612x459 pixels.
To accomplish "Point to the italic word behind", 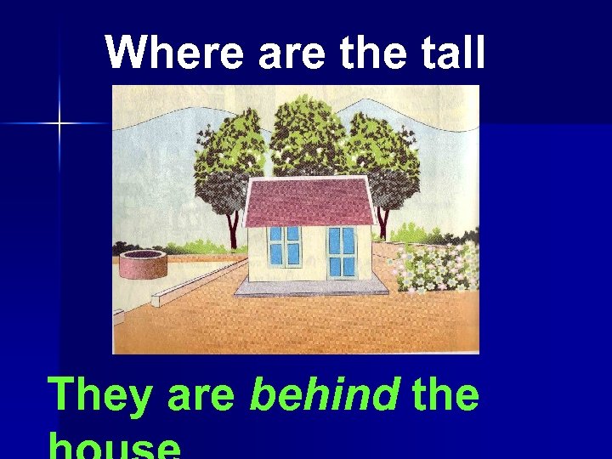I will [x=323, y=395].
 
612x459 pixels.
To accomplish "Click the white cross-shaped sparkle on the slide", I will [x=59, y=124].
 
